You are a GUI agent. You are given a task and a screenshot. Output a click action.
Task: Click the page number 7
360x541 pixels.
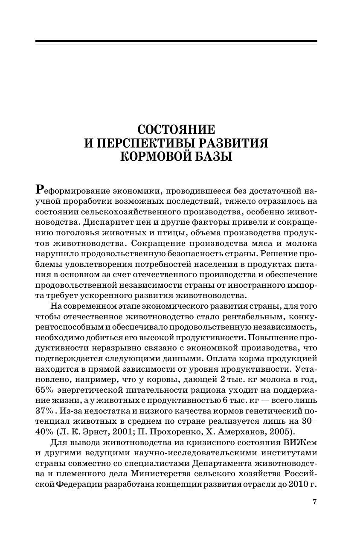315,502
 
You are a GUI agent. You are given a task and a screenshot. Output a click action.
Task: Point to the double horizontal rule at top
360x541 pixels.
176,42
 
